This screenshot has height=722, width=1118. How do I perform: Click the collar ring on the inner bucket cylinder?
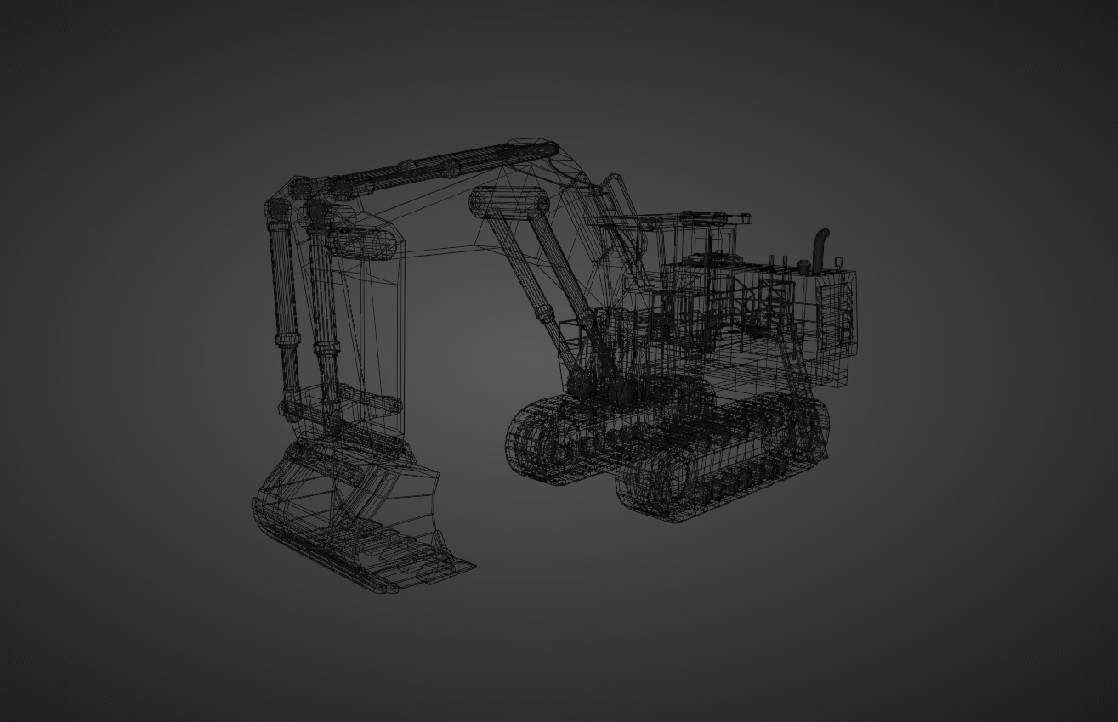click(x=324, y=345)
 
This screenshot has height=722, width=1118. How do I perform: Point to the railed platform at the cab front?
click(x=587, y=336)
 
